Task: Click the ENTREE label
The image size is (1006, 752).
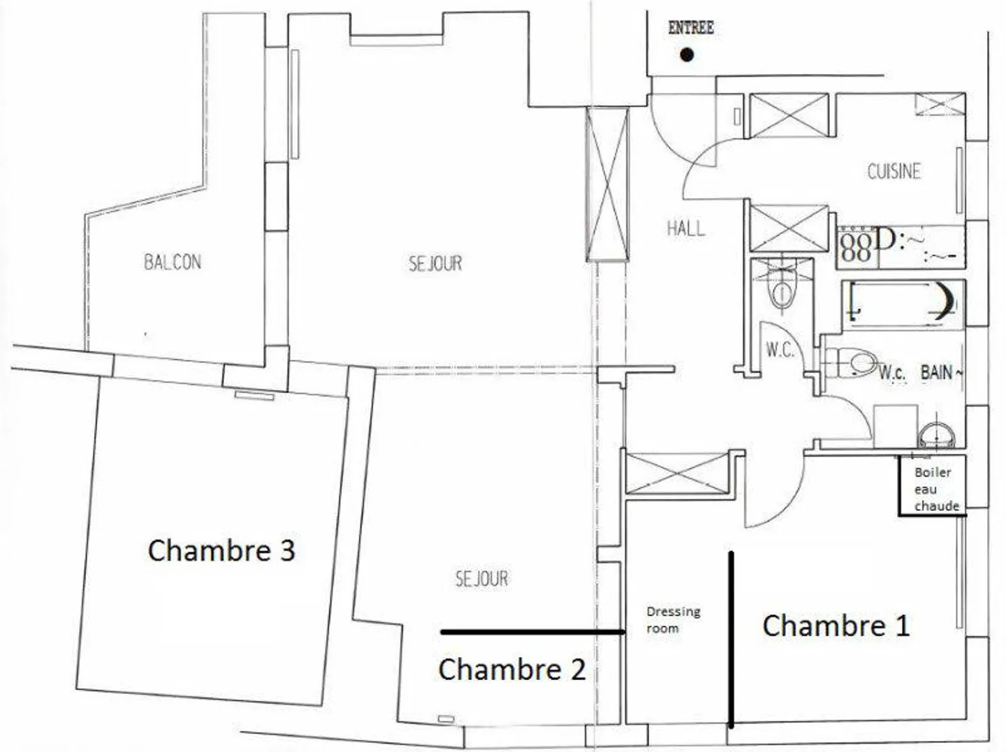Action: click(x=690, y=28)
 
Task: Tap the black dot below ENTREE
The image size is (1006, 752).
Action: click(x=687, y=54)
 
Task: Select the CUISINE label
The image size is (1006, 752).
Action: click(x=894, y=171)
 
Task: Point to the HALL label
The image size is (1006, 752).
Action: click(x=685, y=228)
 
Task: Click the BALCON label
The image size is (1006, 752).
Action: click(x=173, y=262)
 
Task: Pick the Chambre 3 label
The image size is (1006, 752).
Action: click(x=221, y=550)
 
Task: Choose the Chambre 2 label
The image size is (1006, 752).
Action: click(x=511, y=669)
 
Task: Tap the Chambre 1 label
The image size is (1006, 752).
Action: click(x=836, y=625)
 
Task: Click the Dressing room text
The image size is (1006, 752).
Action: click(x=673, y=619)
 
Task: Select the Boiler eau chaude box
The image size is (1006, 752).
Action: click(x=933, y=487)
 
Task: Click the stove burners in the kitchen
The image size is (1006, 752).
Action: click(x=856, y=246)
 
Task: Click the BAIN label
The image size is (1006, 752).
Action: click(x=937, y=373)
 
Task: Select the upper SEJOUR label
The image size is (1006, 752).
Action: click(x=435, y=263)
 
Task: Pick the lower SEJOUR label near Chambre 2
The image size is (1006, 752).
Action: click(x=481, y=578)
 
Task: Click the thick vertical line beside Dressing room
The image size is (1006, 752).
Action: click(x=731, y=639)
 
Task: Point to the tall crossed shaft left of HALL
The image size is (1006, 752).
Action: click(x=606, y=184)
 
